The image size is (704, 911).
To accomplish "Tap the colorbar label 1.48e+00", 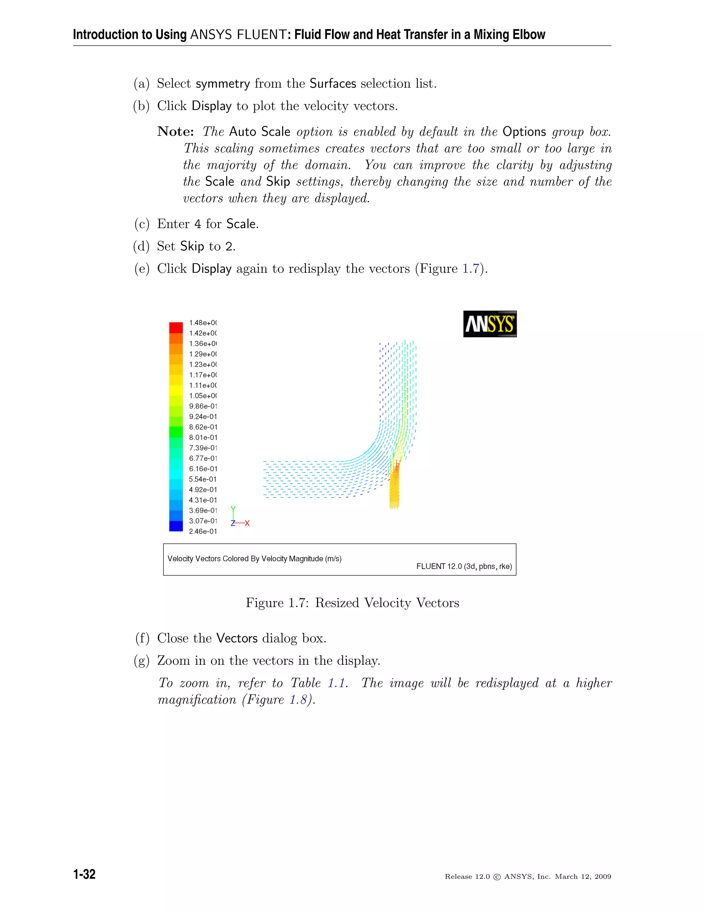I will (x=203, y=323).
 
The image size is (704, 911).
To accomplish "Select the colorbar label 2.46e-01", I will (x=203, y=531).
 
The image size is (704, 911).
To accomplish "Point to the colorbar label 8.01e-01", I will (x=203, y=438).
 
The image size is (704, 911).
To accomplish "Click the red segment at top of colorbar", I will (x=176, y=327).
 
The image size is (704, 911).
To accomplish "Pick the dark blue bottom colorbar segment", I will (x=176, y=526).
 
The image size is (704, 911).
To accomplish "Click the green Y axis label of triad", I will (x=233, y=508).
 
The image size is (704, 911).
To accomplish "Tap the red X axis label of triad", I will (x=247, y=523).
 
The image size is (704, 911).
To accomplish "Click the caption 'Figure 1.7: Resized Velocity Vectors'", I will (x=352, y=603).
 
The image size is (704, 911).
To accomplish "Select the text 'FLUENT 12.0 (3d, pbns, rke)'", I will (x=464, y=567).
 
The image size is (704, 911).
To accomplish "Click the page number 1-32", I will (x=84, y=874).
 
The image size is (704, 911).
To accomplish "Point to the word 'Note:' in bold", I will (x=176, y=132).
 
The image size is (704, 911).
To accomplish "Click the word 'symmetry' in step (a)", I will (x=223, y=84).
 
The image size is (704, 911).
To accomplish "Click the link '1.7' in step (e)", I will (x=471, y=268).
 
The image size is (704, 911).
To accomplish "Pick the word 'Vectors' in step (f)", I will (x=237, y=638).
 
